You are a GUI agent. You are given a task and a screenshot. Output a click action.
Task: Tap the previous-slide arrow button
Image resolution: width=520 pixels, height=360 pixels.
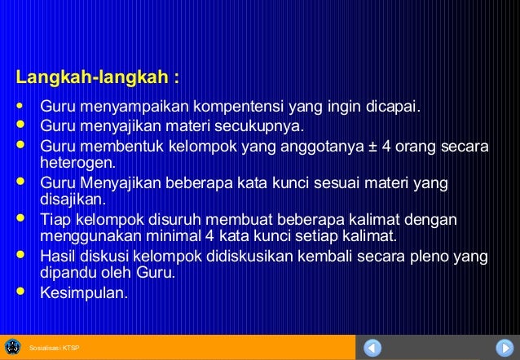pyautogui.click(x=373, y=347)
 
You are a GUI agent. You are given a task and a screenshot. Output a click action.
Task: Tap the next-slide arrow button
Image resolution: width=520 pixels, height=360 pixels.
pyautogui.click(x=504, y=347)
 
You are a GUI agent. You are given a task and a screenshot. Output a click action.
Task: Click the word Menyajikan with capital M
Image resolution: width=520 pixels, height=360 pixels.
pyautogui.click(x=121, y=183)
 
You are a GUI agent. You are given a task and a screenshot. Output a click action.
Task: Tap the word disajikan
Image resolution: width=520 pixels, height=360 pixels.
pyautogui.click(x=72, y=198)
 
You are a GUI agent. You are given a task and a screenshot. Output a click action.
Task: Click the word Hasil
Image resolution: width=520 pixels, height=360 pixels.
pyautogui.click(x=59, y=257)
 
